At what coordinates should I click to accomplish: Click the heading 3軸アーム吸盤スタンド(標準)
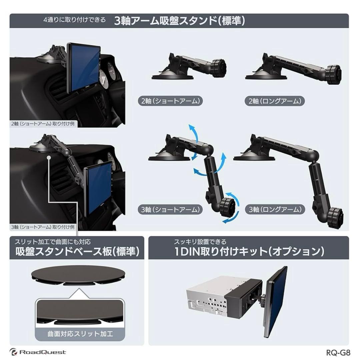click(x=180, y=21)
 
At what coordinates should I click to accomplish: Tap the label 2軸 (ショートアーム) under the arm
click(x=170, y=101)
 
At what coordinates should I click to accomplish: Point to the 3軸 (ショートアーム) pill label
click(x=170, y=210)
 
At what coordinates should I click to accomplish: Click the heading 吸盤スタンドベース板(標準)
click(x=77, y=252)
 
